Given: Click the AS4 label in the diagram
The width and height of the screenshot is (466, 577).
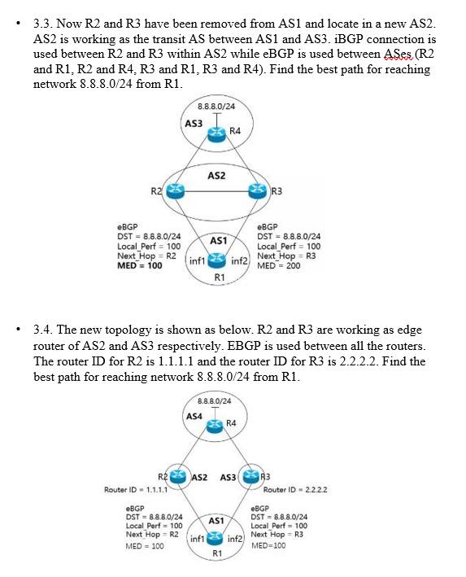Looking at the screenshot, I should coord(194,417).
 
